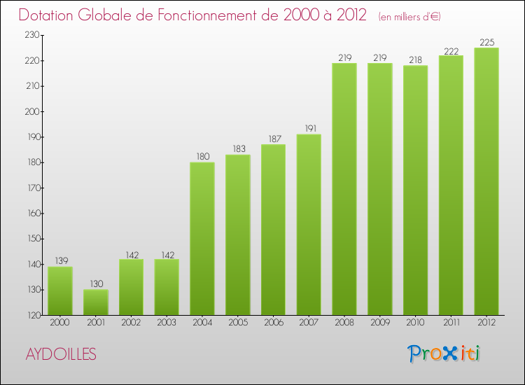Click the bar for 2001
[x=96, y=302]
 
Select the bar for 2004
[x=202, y=239]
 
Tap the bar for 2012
[x=486, y=181]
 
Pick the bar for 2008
[x=344, y=189]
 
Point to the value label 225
[x=486, y=42]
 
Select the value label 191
[x=309, y=128]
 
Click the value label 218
[x=415, y=59]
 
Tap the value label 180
[x=202, y=156]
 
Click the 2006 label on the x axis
[x=273, y=323]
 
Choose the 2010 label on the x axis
[x=415, y=323]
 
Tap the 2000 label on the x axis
[x=60, y=323]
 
